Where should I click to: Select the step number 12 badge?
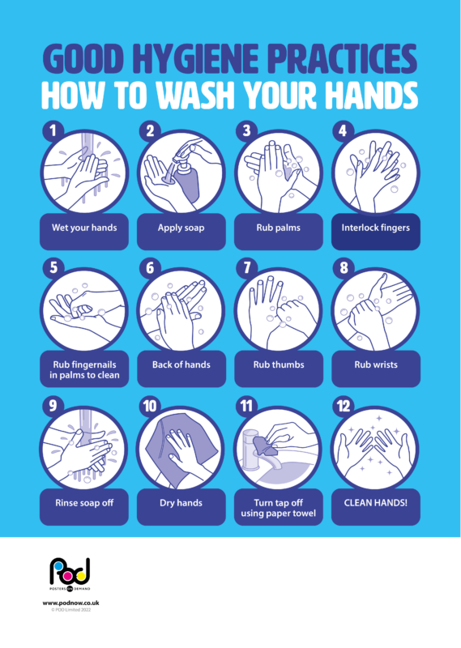coord(345,403)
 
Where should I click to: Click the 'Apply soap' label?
coord(181,228)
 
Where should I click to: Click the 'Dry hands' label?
coord(181,502)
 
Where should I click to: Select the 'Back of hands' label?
coord(181,364)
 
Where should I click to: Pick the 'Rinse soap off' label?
coord(83,502)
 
